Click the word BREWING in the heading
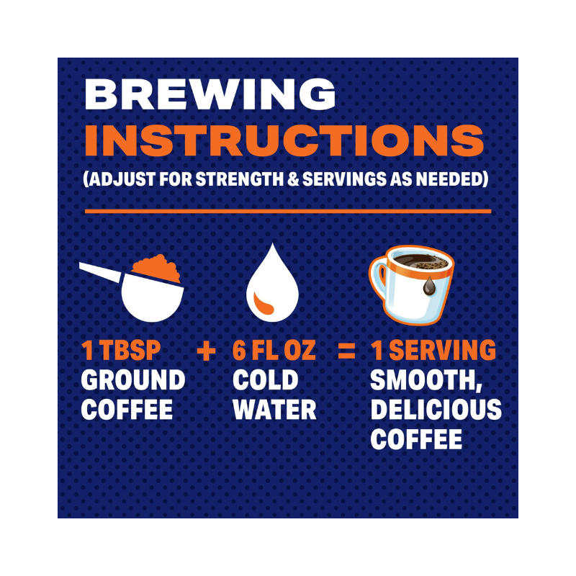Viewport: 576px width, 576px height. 210,94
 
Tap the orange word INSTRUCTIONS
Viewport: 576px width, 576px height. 284,140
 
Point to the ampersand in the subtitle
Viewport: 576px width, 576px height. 294,179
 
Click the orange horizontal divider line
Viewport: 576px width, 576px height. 288,211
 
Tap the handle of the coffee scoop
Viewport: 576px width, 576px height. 100,272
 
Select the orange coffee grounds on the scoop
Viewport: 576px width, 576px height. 156,268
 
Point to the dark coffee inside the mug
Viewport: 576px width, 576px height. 420,261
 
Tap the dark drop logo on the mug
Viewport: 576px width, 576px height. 429,285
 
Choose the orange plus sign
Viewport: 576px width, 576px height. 206,351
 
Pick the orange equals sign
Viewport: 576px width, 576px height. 346,351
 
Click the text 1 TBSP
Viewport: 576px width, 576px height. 121,350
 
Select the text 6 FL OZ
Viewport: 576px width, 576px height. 274,350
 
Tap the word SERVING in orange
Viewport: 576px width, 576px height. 442,350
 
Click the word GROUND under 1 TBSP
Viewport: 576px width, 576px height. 133,380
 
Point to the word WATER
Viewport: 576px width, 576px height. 274,409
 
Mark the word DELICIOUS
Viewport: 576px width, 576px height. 436,409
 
